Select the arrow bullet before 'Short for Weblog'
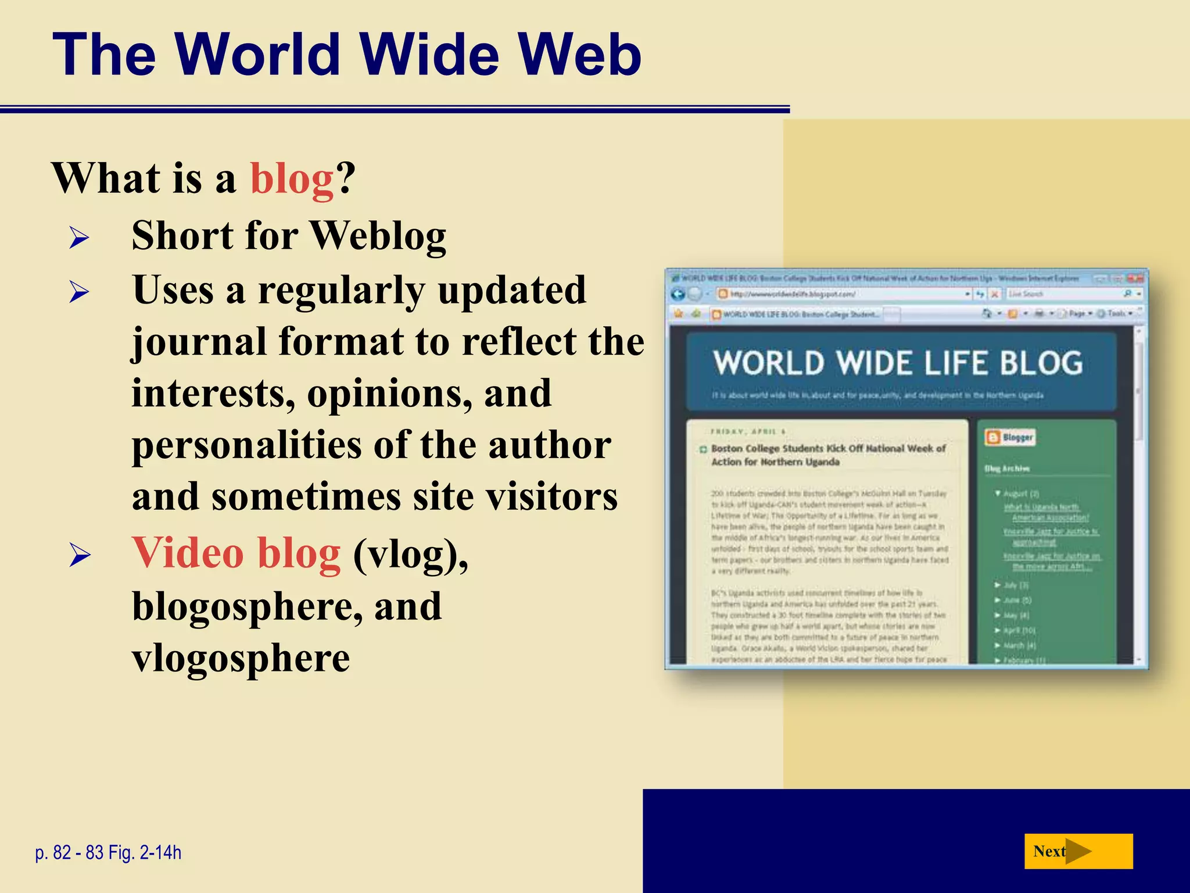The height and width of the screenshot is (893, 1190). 79,238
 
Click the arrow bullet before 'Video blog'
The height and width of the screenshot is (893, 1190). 79,555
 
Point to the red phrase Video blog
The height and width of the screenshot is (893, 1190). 236,553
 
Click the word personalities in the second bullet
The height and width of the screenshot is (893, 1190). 246,445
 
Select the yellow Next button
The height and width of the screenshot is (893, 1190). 1078,851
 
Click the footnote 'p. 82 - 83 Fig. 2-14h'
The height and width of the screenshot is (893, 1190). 108,852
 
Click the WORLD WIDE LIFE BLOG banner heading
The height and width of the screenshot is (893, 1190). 898,363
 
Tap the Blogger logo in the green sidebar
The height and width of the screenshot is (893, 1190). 1010,437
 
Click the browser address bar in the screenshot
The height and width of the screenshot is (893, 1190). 843,294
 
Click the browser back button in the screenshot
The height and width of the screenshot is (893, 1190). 678,294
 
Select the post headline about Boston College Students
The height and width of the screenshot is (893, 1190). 828,455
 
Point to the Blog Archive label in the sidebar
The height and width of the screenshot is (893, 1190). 1006,468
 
